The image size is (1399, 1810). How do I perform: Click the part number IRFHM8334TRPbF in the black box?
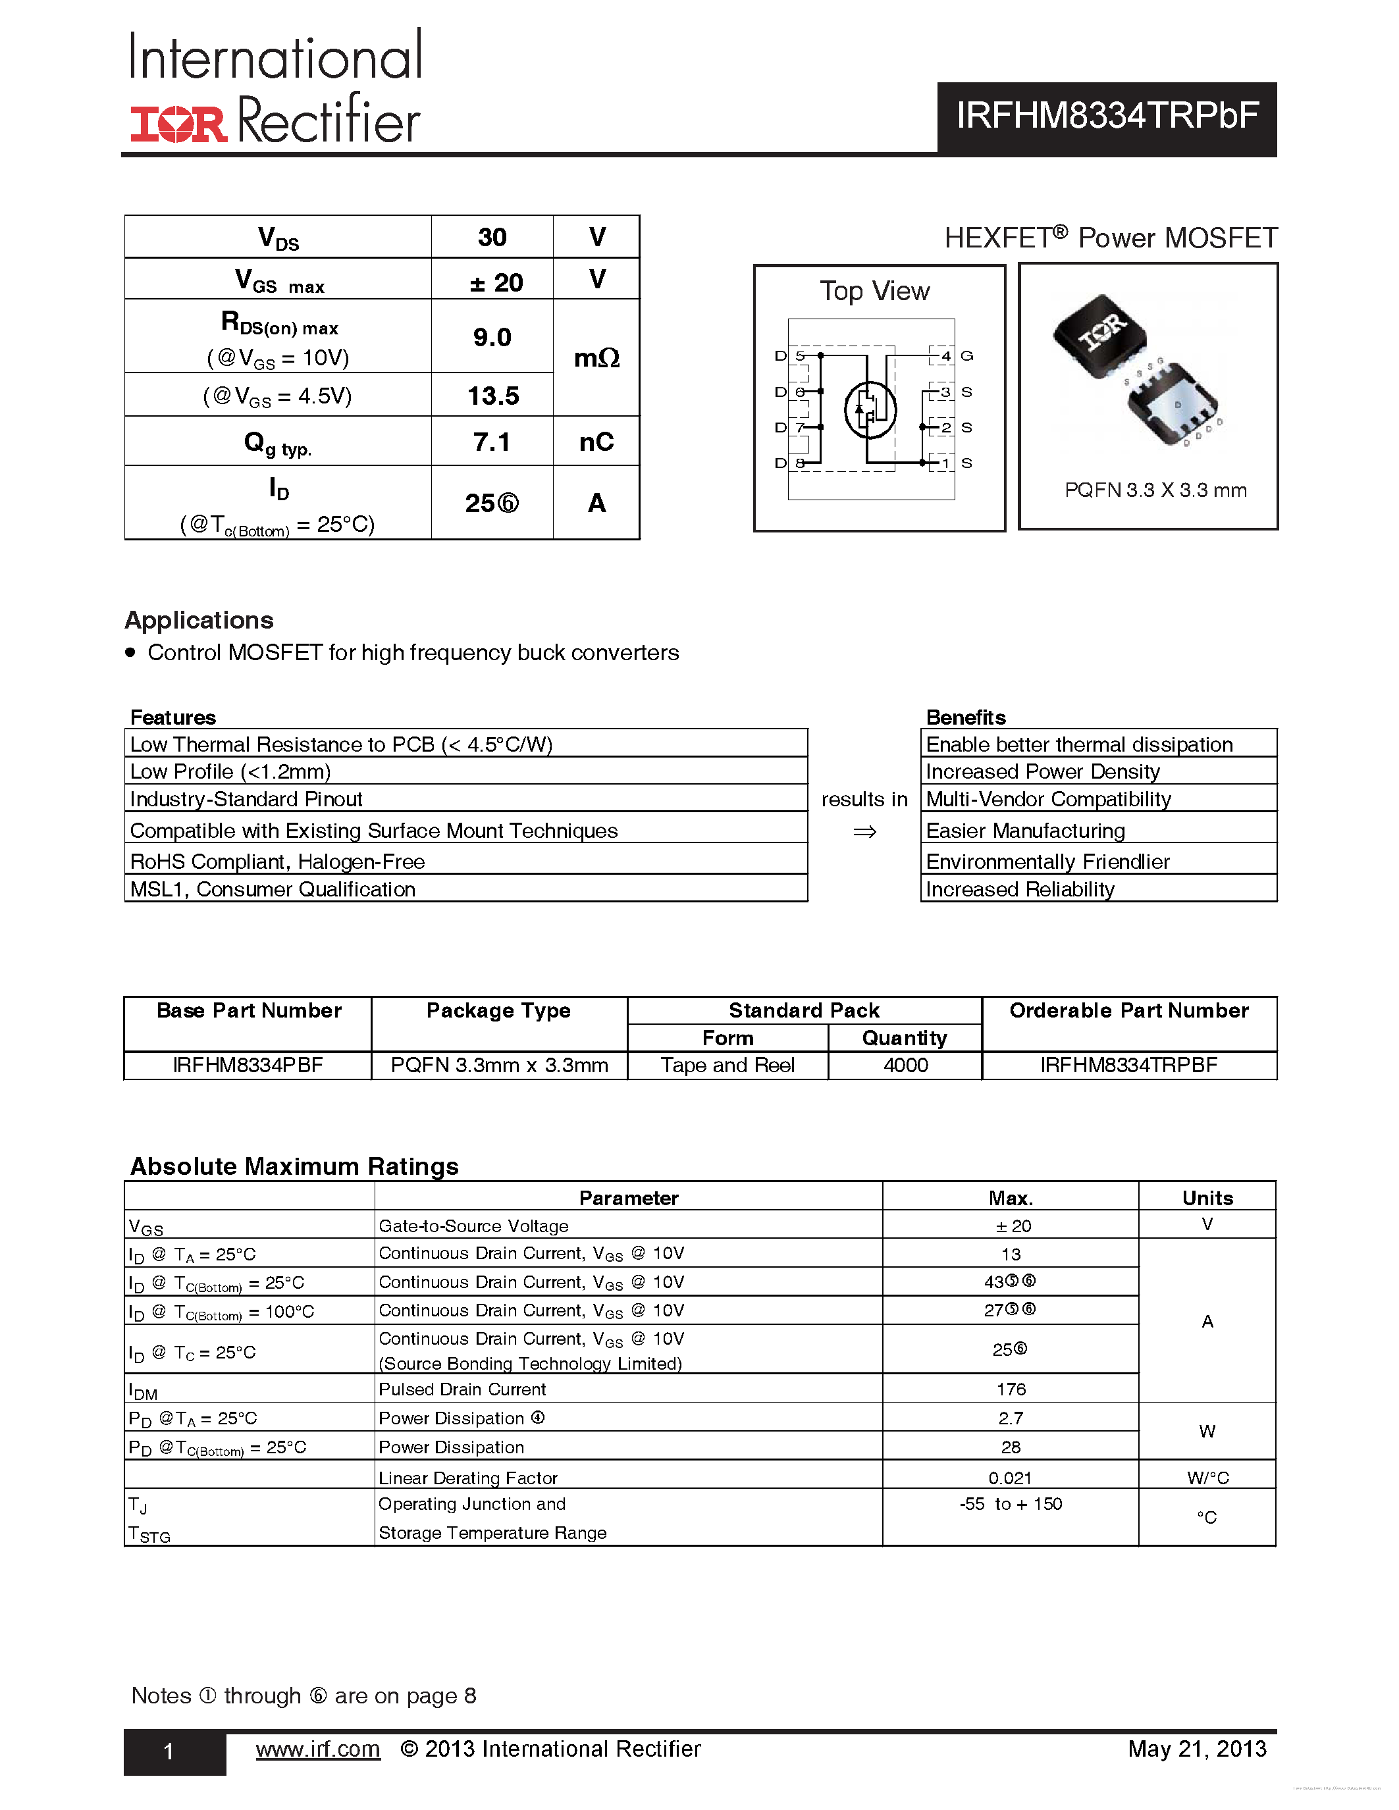(x=1107, y=116)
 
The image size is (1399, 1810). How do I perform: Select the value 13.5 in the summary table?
(x=492, y=396)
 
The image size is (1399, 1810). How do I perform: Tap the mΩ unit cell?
(x=596, y=358)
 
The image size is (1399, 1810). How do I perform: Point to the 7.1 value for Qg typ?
(x=492, y=442)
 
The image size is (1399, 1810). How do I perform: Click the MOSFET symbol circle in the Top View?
(x=870, y=409)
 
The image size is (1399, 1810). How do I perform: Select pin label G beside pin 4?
(x=966, y=355)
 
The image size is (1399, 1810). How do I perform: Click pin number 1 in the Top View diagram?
(x=945, y=463)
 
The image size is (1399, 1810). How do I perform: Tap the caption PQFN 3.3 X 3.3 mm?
(x=1155, y=490)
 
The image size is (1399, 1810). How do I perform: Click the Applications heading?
(x=199, y=620)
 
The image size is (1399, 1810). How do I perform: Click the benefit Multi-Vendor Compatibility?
(x=1047, y=799)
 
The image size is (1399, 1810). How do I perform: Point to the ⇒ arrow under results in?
(x=864, y=831)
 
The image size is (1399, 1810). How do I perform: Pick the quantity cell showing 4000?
(x=905, y=1065)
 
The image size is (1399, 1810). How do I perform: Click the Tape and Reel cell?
(x=727, y=1065)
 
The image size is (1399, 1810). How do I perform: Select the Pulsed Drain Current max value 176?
(x=1011, y=1389)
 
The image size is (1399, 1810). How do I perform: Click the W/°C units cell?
(x=1207, y=1478)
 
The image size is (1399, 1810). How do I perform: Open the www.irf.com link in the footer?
(x=317, y=1749)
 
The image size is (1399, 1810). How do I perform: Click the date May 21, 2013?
(x=1196, y=1749)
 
